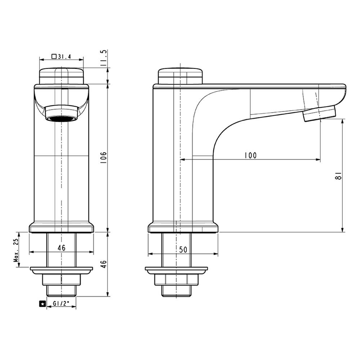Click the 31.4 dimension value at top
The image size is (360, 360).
click(64, 57)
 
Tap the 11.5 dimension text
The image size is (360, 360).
click(104, 58)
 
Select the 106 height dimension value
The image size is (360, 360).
click(104, 158)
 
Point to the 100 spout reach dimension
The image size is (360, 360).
click(250, 156)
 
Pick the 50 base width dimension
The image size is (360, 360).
click(183, 249)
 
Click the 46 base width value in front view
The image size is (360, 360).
click(62, 248)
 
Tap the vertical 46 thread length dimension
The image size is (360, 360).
click(104, 264)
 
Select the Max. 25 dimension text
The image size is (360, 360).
click(16, 250)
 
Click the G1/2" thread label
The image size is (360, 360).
click(61, 303)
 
